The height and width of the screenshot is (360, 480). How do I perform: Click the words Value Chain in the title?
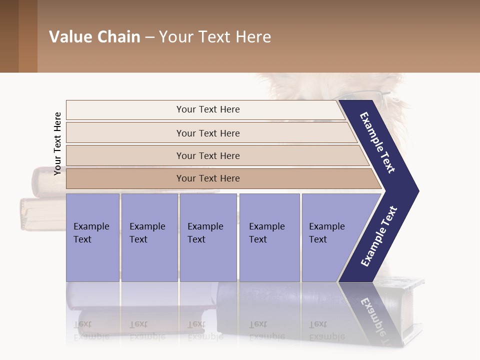[94, 37]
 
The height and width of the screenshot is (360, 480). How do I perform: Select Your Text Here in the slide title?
[215, 37]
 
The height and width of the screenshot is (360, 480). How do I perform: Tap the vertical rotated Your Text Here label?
[57, 143]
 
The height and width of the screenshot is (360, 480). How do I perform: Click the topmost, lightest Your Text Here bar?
[208, 109]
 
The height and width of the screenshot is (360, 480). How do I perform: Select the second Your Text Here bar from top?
[208, 133]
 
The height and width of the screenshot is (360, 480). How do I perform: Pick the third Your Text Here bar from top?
[208, 155]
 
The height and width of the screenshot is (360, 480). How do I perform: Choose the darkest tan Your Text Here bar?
[208, 178]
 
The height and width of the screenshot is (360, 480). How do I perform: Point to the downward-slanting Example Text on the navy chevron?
[378, 142]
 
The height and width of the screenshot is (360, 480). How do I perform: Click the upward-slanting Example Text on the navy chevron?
[379, 236]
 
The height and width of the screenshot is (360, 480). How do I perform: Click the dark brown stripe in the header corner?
[9, 36]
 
